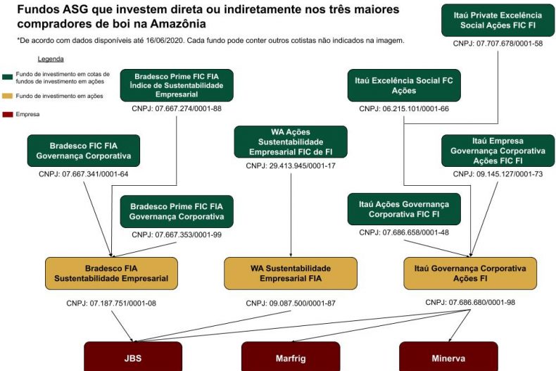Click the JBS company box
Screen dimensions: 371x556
(133, 357)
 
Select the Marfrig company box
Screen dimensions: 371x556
(291, 357)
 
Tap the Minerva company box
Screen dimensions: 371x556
(448, 357)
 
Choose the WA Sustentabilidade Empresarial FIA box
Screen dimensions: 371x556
(291, 273)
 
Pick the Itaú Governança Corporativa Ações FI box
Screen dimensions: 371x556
(470, 273)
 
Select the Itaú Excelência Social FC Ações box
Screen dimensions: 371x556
(403, 86)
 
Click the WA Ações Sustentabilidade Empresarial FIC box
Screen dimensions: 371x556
(291, 142)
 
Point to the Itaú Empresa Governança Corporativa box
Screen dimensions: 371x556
(498, 151)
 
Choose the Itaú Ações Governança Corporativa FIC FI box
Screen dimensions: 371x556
(404, 209)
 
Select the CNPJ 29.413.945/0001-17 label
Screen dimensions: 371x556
(291, 166)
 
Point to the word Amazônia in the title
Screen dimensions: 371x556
(171, 24)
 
